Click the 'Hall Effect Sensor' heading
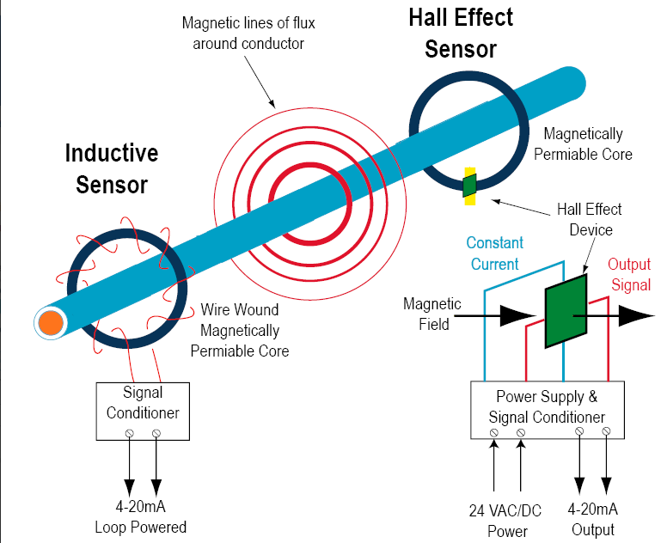[x=461, y=34]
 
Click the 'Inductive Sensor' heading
[x=112, y=168]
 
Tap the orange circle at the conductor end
[x=50, y=323]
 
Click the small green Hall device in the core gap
[x=468, y=186]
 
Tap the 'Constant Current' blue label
[x=493, y=253]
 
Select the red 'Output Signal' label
[x=629, y=274]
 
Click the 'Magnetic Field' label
[x=431, y=314]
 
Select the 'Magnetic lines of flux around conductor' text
[x=243, y=33]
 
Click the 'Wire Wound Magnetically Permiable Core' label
[x=240, y=330]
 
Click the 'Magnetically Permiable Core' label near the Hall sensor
[x=584, y=144]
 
